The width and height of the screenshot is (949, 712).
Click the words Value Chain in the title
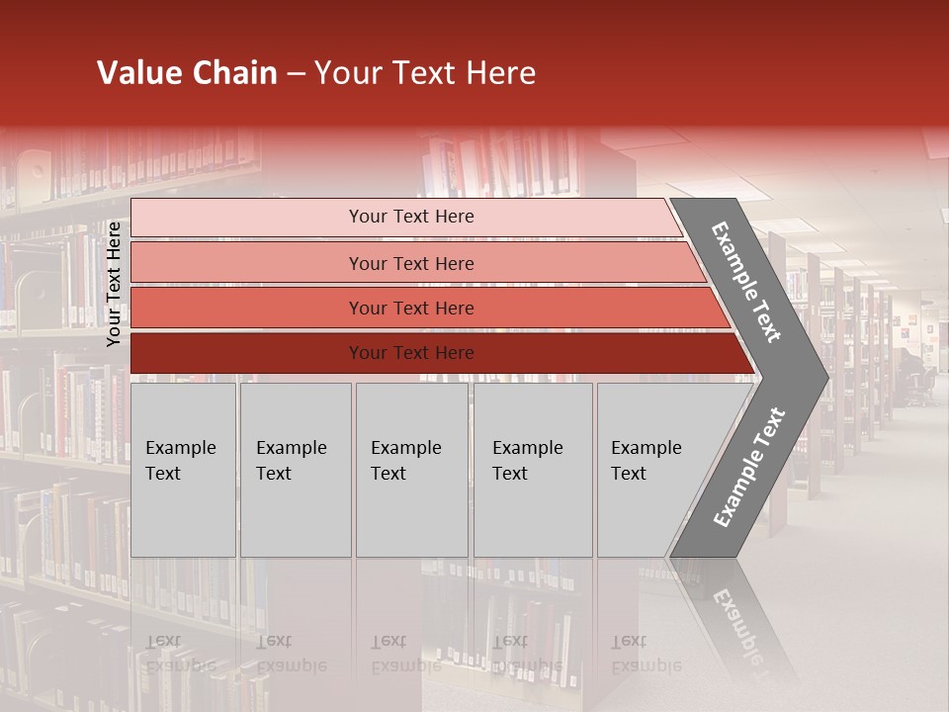tap(187, 73)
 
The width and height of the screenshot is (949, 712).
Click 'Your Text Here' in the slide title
tap(425, 73)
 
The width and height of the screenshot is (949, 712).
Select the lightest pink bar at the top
tap(247, 218)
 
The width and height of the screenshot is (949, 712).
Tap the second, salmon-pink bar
tap(247, 263)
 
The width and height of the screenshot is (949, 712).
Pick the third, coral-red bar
tap(247, 308)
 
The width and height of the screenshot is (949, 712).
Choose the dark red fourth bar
tap(247, 353)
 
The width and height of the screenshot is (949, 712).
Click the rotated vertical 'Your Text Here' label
tap(114, 284)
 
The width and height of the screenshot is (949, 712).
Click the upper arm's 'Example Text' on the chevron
tap(746, 282)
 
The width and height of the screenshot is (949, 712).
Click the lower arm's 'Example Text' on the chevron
tap(749, 468)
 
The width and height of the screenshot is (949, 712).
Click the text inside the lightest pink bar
tap(411, 217)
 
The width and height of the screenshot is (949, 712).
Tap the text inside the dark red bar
tap(411, 353)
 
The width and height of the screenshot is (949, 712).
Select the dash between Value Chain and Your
tap(296, 74)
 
